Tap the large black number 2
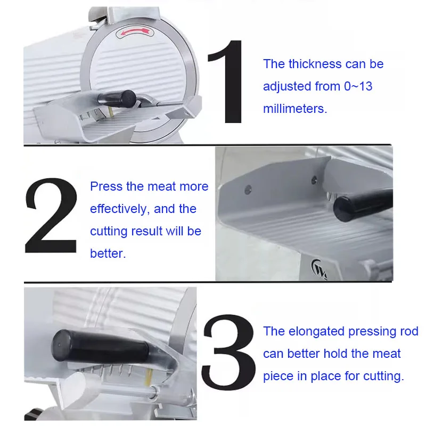click(x=51, y=216)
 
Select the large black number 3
click(x=228, y=352)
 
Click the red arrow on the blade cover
click(x=135, y=32)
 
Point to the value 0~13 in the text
click(x=358, y=86)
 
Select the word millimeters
click(x=295, y=109)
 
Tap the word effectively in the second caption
click(x=119, y=209)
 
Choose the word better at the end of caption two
click(x=108, y=253)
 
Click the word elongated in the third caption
click(x=316, y=332)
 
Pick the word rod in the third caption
click(x=409, y=331)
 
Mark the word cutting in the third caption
click(x=383, y=376)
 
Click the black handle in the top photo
click(x=117, y=99)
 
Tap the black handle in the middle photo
click(x=363, y=204)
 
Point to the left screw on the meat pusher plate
click(x=248, y=190)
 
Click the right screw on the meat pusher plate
click(x=314, y=180)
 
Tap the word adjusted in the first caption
click(x=287, y=87)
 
